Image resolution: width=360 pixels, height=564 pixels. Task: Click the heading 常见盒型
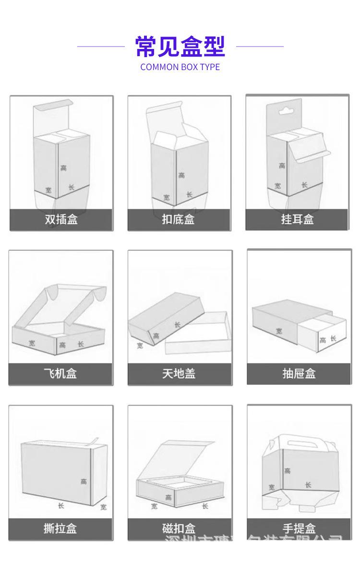coord(180,47)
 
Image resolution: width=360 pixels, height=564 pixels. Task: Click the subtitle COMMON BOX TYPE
coord(180,67)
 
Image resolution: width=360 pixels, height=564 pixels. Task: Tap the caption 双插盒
coord(61,220)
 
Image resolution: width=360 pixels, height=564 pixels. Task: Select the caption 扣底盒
coord(179,220)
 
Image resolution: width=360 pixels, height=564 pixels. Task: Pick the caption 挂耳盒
coord(297,220)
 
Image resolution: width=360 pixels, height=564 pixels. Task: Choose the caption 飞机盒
coord(60,373)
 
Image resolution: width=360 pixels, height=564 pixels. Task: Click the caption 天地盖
coord(179,373)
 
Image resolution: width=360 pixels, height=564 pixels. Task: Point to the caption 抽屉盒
coord(299,373)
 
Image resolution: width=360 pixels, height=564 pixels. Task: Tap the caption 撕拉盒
coord(60,528)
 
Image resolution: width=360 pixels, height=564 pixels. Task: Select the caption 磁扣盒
coord(179,528)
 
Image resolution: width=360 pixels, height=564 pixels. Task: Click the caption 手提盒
coord(299,528)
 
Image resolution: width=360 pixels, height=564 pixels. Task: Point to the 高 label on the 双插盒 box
coord(64,168)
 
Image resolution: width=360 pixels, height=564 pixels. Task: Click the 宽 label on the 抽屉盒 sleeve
coord(279,331)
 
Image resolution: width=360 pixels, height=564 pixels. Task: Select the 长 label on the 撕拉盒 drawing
coord(61,505)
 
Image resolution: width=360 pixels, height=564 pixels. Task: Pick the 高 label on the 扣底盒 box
coord(181,175)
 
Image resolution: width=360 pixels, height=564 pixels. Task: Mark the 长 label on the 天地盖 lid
coord(178,325)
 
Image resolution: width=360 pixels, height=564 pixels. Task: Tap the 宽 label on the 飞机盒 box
coord(32,343)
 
